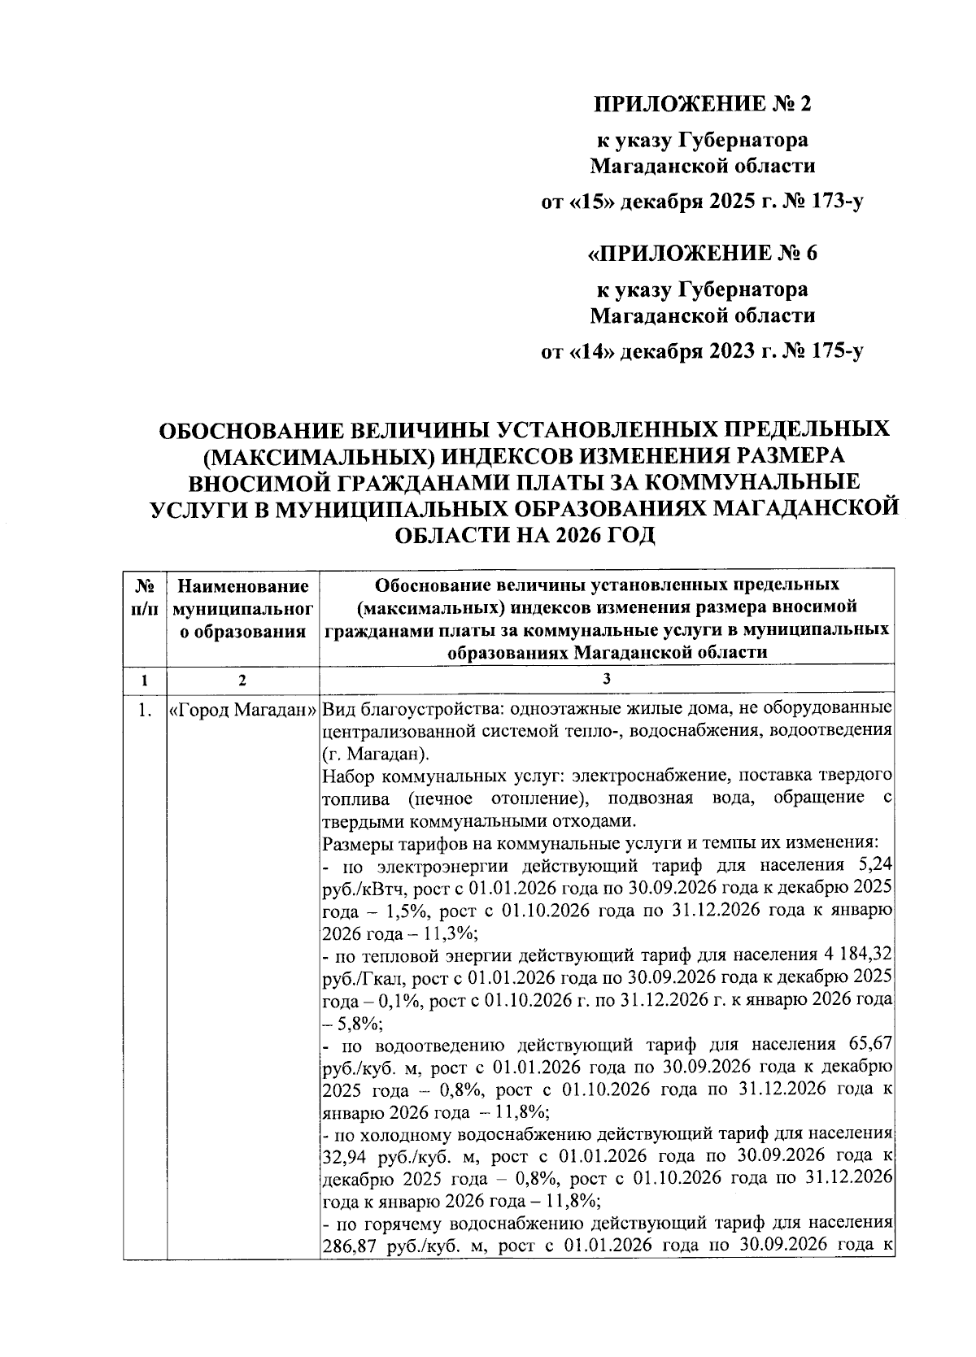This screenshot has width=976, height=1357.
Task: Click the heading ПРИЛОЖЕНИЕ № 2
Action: [x=703, y=104]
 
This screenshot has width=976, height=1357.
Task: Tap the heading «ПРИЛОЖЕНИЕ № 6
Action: [x=703, y=254]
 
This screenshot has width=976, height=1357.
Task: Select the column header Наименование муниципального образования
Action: [x=243, y=608]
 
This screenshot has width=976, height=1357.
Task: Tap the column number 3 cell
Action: [x=607, y=679]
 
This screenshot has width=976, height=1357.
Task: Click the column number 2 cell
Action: [x=243, y=679]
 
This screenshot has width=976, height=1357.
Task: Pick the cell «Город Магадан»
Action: [x=243, y=710]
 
